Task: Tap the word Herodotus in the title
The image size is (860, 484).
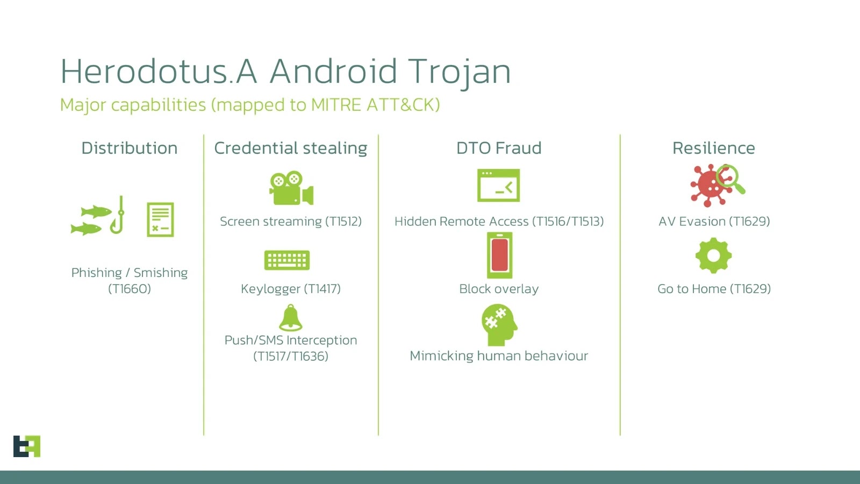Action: tap(144, 72)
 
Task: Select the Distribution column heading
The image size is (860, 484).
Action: tap(129, 148)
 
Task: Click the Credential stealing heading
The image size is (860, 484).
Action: tap(290, 148)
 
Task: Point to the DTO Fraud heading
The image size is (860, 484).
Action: tap(499, 148)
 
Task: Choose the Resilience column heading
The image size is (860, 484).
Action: tap(713, 148)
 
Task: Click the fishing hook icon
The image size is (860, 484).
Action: tap(118, 215)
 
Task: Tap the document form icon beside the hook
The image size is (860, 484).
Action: tap(160, 219)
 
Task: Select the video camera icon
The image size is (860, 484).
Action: tap(291, 188)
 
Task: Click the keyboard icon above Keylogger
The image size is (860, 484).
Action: tap(287, 260)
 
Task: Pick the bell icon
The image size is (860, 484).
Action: tap(291, 318)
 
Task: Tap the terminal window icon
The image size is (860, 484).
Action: tap(498, 186)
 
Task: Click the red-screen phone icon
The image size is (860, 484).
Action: tap(499, 255)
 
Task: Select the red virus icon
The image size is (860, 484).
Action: tap(711, 186)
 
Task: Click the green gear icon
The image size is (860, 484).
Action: tap(713, 255)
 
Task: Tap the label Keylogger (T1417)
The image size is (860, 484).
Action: tap(290, 289)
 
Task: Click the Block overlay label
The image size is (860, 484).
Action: tap(499, 289)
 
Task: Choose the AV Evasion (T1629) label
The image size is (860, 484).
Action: tap(714, 221)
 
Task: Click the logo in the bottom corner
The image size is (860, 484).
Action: tap(27, 446)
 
